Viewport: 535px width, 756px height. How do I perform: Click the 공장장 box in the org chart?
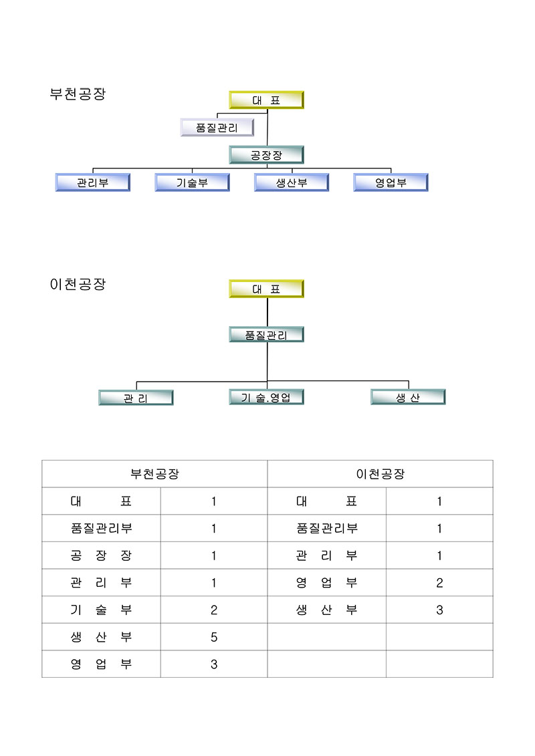[x=266, y=155]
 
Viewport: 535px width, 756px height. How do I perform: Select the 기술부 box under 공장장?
[x=192, y=182]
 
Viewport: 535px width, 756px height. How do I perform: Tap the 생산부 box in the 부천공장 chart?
[x=292, y=182]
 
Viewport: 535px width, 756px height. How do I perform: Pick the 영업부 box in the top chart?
[x=391, y=182]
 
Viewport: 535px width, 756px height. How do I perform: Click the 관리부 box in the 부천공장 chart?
[x=92, y=182]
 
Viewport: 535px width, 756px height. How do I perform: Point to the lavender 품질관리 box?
[x=217, y=127]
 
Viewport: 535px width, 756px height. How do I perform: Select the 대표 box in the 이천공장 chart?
[x=266, y=289]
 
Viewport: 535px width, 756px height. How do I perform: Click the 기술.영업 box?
[x=266, y=397]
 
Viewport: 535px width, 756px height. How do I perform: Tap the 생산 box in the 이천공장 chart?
[x=408, y=397]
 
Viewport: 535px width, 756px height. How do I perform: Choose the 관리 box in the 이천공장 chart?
[x=136, y=398]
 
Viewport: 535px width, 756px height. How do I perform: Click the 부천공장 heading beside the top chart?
[x=78, y=94]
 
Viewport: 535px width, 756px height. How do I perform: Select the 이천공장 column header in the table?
[x=380, y=474]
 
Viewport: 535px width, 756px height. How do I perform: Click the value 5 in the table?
[x=214, y=637]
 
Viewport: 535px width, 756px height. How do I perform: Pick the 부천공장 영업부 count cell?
[x=214, y=664]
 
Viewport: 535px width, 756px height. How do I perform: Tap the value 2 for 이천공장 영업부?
[x=439, y=583]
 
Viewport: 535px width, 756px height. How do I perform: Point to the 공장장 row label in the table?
[x=101, y=555]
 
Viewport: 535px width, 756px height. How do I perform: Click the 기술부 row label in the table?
[x=101, y=610]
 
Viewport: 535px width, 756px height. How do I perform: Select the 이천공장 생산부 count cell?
[x=439, y=610]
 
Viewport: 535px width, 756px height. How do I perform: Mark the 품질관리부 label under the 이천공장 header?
[x=327, y=528]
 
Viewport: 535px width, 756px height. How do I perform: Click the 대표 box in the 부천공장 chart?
[x=266, y=100]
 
